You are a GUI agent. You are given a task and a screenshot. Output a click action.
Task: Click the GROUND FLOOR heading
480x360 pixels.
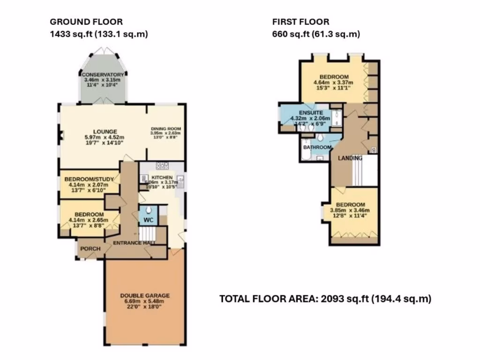(86, 22)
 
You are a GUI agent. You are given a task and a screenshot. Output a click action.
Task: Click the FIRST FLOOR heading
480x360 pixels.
(300, 22)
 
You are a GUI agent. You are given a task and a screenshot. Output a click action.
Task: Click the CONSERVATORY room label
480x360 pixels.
(103, 75)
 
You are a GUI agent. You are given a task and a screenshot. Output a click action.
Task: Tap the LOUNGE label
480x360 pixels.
(105, 131)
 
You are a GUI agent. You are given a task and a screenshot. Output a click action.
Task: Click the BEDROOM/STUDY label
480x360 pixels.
(88, 179)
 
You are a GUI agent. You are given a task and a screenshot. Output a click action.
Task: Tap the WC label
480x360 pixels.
(148, 219)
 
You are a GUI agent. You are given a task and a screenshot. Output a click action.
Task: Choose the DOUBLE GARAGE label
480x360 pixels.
(144, 295)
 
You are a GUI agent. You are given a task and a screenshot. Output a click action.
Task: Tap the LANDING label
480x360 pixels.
(351, 158)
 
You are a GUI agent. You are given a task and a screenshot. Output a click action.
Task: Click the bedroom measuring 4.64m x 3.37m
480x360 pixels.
(334, 77)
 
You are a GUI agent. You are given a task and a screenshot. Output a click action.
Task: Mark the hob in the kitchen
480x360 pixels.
(162, 165)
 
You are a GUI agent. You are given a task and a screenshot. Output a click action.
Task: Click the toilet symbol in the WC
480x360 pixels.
(148, 210)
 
